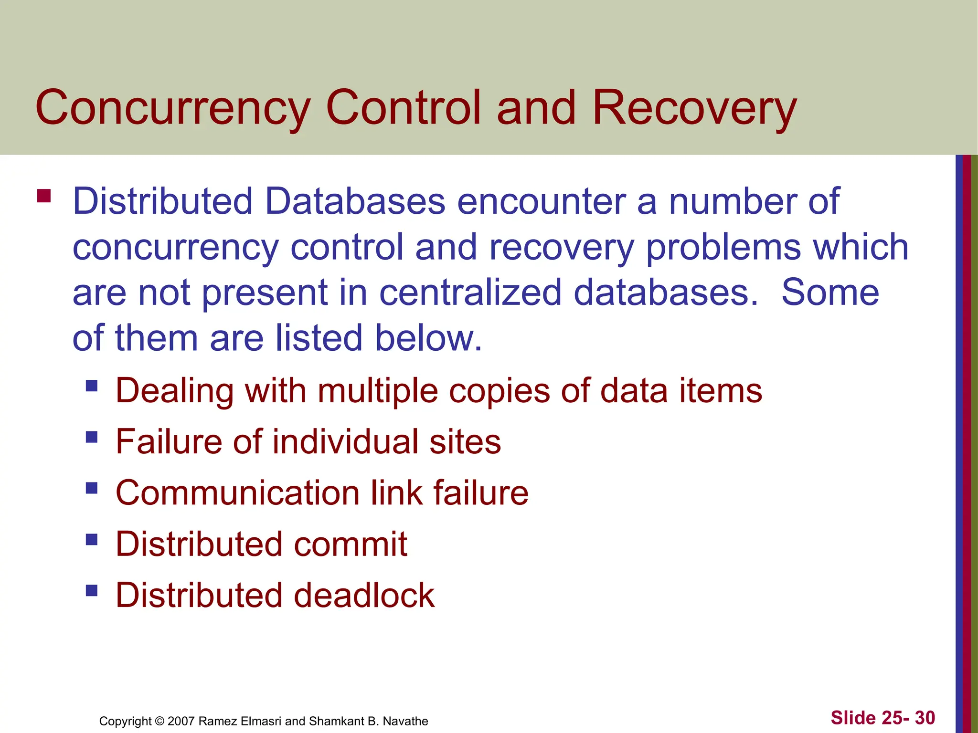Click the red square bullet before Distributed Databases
pyautogui.click(x=44, y=196)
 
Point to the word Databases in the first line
pyautogui.click(x=355, y=201)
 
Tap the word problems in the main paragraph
pyautogui.click(x=723, y=247)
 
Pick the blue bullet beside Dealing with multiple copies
pyautogui.click(x=92, y=385)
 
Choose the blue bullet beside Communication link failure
pyautogui.click(x=92, y=488)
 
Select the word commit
pyautogui.click(x=351, y=544)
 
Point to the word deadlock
pyautogui.click(x=364, y=595)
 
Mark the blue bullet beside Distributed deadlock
pyautogui.click(x=92, y=591)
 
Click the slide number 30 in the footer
pyautogui.click(x=925, y=718)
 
